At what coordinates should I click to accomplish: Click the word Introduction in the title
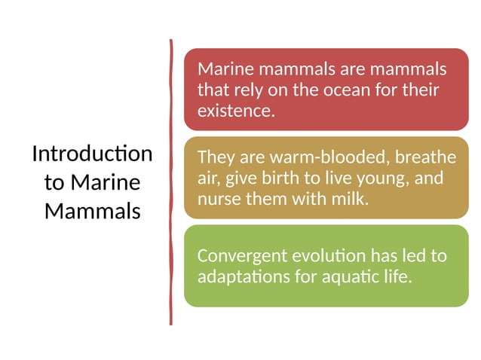[x=92, y=154]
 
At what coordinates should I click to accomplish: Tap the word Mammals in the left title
[x=92, y=212]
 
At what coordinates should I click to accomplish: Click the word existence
[x=233, y=111]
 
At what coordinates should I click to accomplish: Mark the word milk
[x=351, y=200]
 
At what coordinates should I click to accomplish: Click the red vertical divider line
[x=171, y=181]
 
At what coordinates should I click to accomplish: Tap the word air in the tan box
[x=207, y=178]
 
